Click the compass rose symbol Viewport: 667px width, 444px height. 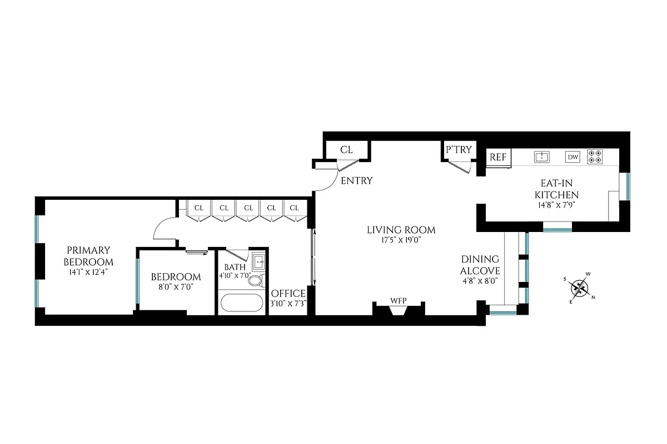581,287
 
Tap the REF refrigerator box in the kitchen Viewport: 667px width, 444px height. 498,157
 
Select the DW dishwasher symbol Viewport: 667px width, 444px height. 573,157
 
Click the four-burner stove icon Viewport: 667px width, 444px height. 595,157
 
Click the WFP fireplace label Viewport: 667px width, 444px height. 398,301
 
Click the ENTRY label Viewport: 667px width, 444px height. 356,181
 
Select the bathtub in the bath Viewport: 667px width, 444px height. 241,304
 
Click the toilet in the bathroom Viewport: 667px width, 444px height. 255,280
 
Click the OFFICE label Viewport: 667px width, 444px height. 288,293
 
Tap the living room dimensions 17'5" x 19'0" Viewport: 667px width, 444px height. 401,240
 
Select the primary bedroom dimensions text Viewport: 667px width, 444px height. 89,273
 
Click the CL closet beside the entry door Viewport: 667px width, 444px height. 346,150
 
